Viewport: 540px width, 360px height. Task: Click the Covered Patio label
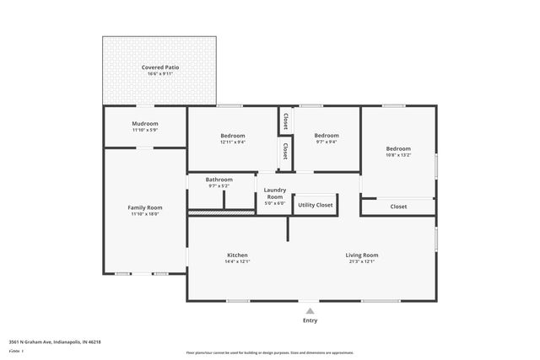(x=160, y=67)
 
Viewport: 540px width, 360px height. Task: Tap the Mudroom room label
(x=145, y=123)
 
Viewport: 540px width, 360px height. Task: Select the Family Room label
(x=145, y=207)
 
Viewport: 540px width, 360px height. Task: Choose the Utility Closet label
(x=316, y=205)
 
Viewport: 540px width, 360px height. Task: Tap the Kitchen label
(x=237, y=255)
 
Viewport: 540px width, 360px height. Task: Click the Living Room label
(x=361, y=255)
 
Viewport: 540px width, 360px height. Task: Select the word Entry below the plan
(x=310, y=320)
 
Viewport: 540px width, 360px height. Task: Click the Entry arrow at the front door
(x=310, y=309)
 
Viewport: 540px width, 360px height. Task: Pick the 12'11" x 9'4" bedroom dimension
(x=233, y=142)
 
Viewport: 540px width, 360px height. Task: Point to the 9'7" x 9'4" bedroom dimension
(x=327, y=142)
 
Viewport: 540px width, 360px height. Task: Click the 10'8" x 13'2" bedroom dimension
(x=398, y=155)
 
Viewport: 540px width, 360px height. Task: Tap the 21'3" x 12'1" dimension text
(x=361, y=261)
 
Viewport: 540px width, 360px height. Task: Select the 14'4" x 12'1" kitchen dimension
(x=237, y=261)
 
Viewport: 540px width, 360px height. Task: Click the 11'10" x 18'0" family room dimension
(x=145, y=214)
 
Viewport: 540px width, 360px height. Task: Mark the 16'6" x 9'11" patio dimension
(x=160, y=73)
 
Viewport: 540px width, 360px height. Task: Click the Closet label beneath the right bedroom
(x=398, y=207)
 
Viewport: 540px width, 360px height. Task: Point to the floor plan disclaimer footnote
(x=270, y=352)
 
